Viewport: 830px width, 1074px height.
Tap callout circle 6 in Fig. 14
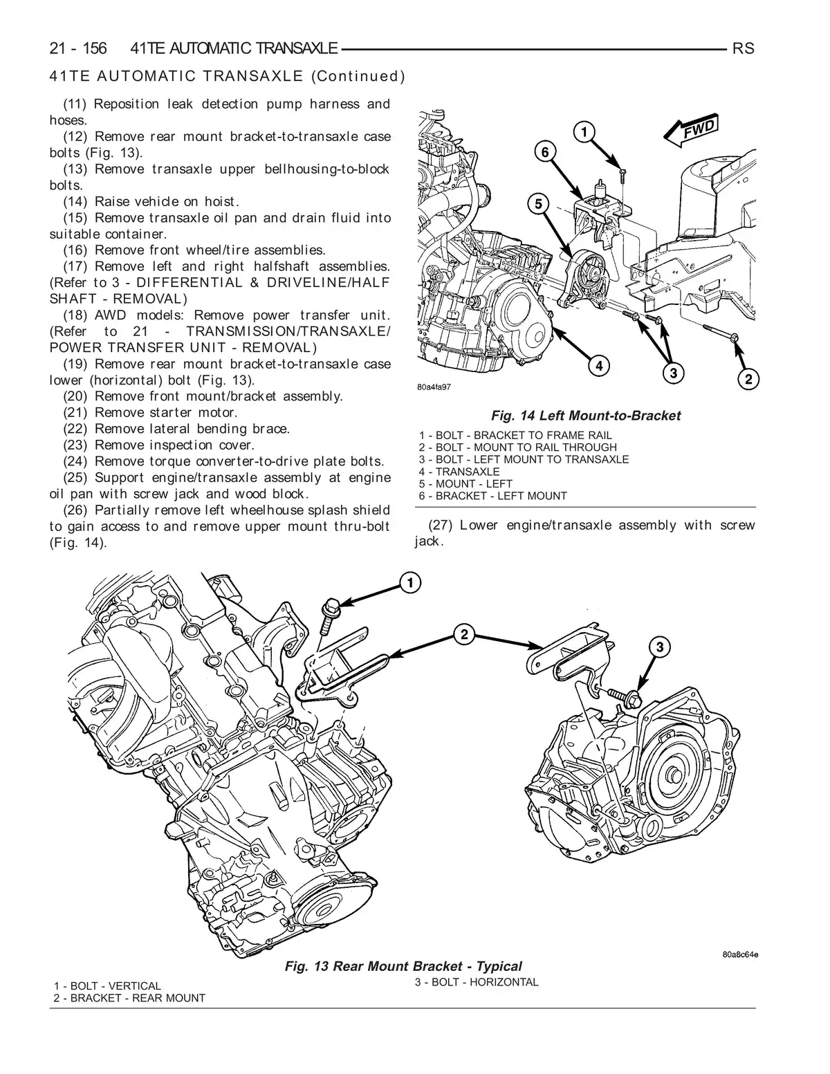click(545, 152)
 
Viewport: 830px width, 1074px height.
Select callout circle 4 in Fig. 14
click(599, 365)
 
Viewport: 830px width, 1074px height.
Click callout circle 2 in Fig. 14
click(748, 378)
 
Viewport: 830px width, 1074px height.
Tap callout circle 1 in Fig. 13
click(409, 583)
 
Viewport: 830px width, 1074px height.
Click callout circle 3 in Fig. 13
click(660, 647)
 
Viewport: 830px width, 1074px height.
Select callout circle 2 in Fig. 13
click(464, 633)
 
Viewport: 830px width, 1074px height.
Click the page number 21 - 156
click(78, 48)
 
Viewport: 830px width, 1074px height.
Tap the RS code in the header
click(743, 48)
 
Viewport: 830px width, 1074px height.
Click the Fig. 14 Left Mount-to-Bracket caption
click(585, 416)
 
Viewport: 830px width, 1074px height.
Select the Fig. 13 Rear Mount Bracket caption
click(403, 966)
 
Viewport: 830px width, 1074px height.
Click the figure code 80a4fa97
click(434, 387)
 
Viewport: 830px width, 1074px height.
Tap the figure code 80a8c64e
click(739, 955)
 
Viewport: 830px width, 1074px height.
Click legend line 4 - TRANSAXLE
click(459, 472)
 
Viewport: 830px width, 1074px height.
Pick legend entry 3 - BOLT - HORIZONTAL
click(477, 982)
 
